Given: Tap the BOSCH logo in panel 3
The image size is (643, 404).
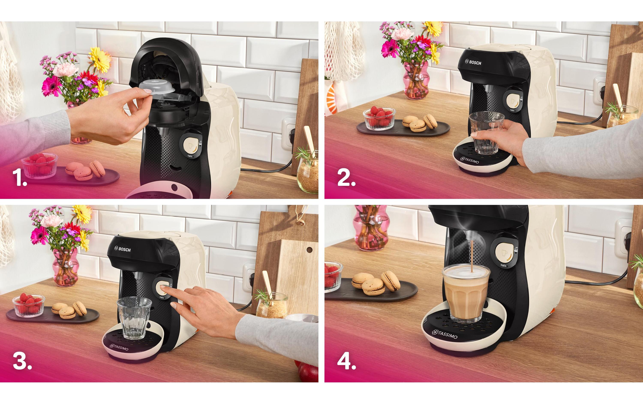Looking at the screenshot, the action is pos(123,249).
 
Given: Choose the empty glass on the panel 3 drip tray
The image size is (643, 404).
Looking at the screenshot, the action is pos(134,319).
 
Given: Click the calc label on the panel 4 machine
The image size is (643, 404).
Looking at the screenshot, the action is pos(504,265).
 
